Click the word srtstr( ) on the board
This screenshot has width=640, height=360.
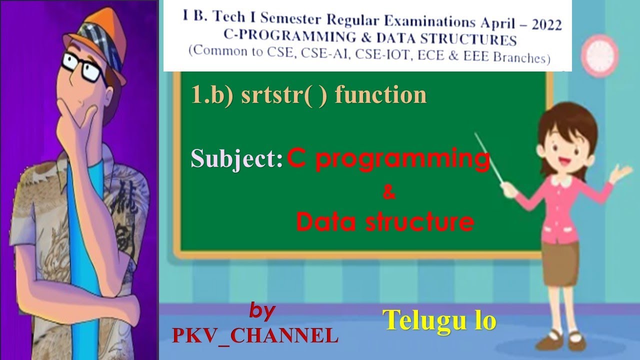tap(282, 94)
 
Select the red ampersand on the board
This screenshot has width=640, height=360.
tap(388, 192)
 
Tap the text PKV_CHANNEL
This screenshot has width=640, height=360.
tap(255, 335)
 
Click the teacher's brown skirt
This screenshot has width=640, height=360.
tap(560, 260)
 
